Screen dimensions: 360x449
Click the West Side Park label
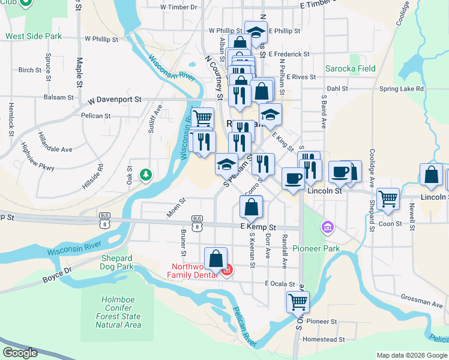click(34, 36)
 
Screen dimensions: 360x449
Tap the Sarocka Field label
click(350, 68)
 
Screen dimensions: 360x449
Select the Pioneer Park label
click(316, 248)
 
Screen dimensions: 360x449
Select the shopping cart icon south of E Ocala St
click(298, 302)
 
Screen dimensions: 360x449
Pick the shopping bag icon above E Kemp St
click(251, 206)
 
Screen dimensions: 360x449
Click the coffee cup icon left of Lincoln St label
click(293, 178)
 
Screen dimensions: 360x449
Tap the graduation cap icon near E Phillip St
click(256, 32)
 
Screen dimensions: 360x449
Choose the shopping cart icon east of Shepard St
click(388, 198)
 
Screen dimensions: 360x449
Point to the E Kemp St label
click(258, 227)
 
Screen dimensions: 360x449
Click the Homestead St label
click(324, 339)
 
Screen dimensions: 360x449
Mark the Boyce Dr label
click(57, 279)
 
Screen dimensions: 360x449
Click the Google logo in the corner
click(20, 353)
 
